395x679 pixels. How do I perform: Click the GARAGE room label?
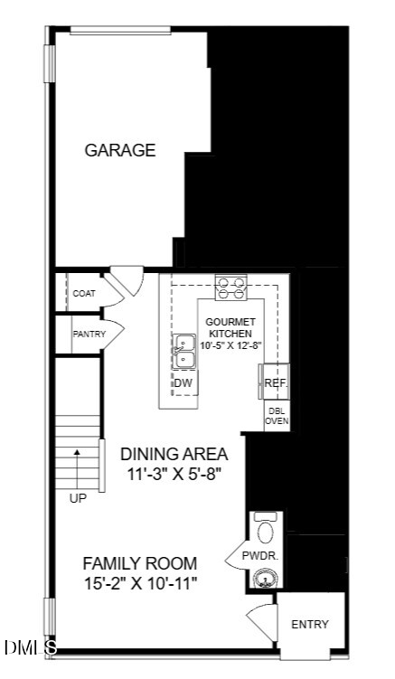(120, 150)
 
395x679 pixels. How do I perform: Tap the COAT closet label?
(84, 294)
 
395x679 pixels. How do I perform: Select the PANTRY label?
(89, 335)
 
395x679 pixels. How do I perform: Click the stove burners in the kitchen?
(230, 288)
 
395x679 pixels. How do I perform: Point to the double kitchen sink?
(184, 352)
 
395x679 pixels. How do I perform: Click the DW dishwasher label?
(183, 382)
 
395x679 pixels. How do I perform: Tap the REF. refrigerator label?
(276, 383)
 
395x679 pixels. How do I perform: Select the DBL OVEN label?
(277, 416)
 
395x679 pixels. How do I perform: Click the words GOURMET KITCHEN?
(230, 328)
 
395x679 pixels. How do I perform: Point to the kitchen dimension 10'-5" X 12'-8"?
(232, 345)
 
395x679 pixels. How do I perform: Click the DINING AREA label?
(174, 454)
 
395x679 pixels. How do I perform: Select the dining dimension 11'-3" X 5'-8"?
(174, 474)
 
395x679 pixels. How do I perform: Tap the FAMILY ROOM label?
(139, 564)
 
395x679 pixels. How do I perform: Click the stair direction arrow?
(77, 470)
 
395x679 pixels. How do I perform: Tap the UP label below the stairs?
(78, 499)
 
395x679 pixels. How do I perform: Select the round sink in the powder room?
(265, 578)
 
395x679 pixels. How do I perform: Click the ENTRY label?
(310, 625)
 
